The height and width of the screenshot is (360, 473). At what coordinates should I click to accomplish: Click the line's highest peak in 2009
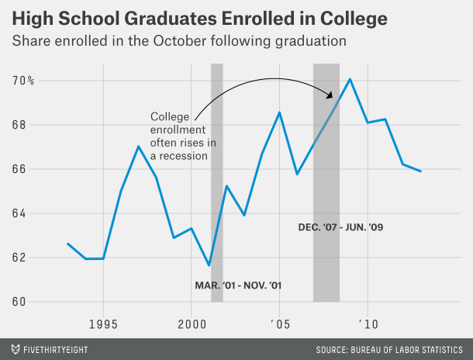point(350,79)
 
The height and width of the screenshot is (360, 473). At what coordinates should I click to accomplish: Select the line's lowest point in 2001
point(209,266)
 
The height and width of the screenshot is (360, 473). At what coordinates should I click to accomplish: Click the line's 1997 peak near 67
point(138,146)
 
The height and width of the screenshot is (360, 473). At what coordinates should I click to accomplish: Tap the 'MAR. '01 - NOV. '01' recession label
point(238,286)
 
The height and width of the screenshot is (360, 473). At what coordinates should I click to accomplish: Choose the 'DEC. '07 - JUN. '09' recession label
point(341,228)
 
